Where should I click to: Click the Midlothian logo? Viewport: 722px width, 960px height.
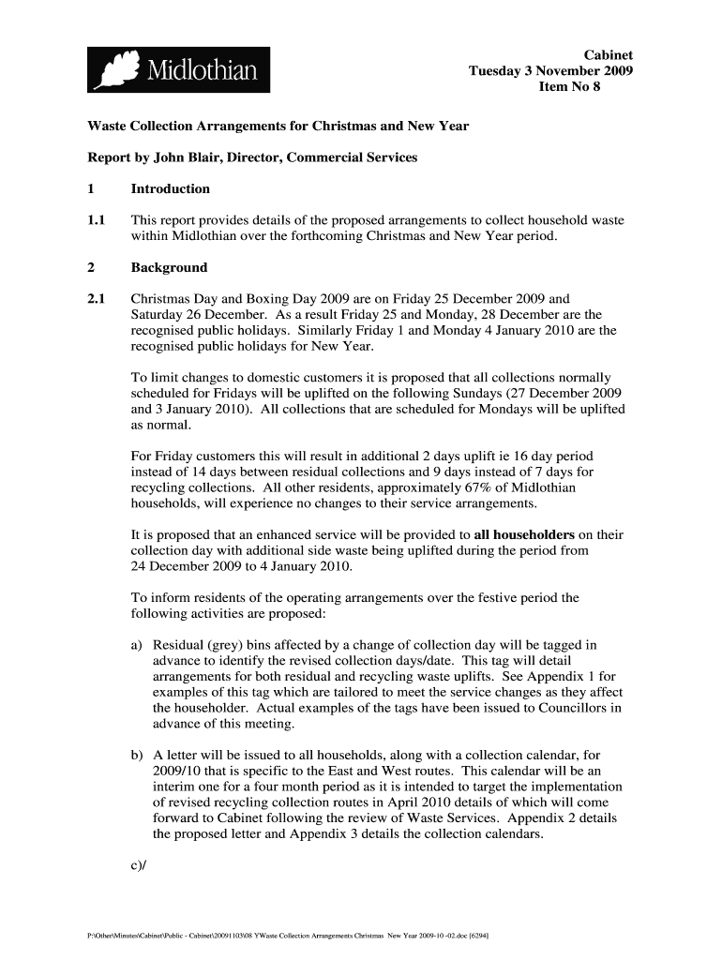[179, 69]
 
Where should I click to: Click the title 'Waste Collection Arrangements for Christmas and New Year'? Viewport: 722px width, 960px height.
[278, 126]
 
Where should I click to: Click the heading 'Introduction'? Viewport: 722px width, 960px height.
[171, 188]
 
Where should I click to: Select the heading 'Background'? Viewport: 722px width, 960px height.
[169, 267]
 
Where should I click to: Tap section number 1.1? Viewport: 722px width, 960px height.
[98, 220]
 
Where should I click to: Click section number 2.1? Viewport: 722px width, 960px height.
[98, 299]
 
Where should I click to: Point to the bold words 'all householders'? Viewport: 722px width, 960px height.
[525, 534]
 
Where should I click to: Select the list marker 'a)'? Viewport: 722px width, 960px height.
[138, 645]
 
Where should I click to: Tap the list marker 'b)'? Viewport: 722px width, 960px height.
[138, 754]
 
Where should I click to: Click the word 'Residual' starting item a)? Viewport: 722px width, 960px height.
[179, 645]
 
